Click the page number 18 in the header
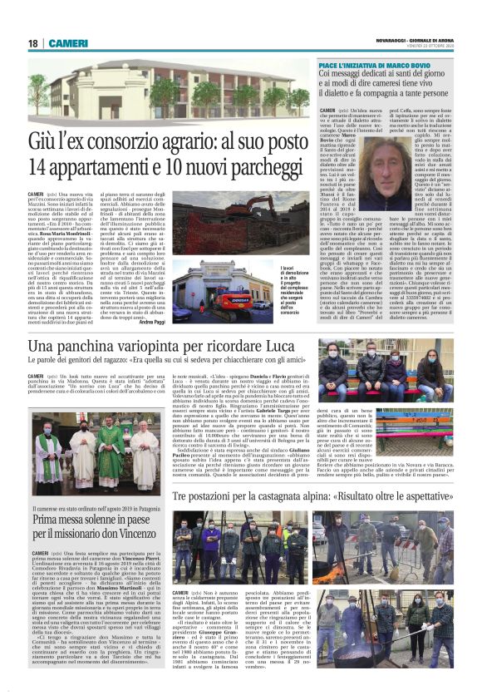pos(32,43)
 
